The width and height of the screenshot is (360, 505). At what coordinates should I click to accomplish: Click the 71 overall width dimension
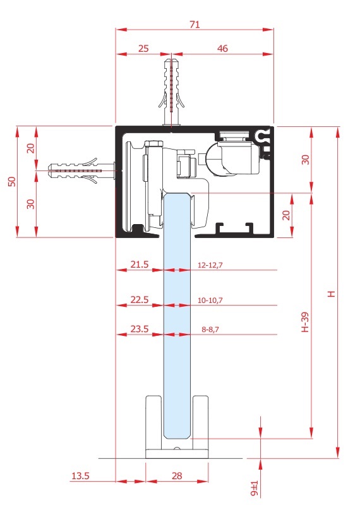pos(195,24)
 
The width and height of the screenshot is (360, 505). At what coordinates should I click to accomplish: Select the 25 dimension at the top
pos(143,49)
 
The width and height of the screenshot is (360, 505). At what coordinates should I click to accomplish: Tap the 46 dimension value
pos(222,49)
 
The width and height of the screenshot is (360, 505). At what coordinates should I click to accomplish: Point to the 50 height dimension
pos(12,181)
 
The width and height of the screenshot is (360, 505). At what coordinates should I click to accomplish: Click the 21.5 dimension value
pos(139,264)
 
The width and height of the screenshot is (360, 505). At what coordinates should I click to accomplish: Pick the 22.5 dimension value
pos(139,299)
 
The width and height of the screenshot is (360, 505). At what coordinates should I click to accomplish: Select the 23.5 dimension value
pos(139,329)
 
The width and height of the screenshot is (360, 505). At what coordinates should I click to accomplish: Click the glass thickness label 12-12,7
pos(210,265)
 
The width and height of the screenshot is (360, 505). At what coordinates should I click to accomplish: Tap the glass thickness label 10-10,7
pos(210,300)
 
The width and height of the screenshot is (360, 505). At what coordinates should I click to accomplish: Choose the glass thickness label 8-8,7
pos(210,330)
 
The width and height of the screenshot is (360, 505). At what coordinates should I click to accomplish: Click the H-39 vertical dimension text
pos(304,322)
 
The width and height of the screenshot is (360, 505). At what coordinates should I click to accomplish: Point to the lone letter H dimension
pos(332,294)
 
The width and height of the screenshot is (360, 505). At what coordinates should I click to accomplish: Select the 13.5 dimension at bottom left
pos(80,476)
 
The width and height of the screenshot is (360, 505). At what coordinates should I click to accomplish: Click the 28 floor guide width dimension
pos(177,476)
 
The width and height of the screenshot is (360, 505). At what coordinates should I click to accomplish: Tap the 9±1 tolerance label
pos(255,488)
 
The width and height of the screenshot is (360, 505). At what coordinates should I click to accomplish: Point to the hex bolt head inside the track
pos(154,143)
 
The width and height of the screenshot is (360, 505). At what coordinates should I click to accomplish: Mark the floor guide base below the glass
pos(177,453)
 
